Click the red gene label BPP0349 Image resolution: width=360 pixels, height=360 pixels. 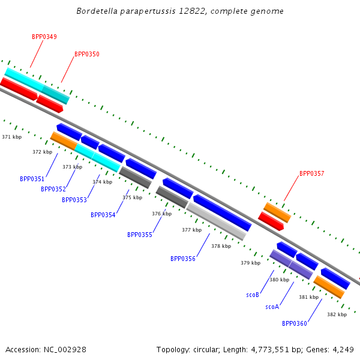[x=44, y=37]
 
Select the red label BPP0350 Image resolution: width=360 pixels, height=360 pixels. [x=87, y=54]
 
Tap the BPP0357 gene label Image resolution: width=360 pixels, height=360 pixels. [x=312, y=173]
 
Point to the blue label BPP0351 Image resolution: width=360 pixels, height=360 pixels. [x=32, y=179]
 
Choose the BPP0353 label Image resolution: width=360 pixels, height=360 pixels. [x=74, y=200]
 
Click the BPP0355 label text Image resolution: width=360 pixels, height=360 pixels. [x=140, y=235]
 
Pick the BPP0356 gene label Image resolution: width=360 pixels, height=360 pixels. [x=183, y=259]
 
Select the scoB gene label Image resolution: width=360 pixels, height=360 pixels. [x=253, y=295]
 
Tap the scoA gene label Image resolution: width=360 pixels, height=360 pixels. [x=272, y=307]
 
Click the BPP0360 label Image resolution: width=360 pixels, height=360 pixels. [x=295, y=323]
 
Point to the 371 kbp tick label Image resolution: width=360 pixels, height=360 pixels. [x=12, y=137]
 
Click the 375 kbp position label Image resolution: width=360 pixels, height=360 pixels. [x=133, y=197]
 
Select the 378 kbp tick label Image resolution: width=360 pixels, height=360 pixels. [x=221, y=246]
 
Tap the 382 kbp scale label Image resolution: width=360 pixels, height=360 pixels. [x=337, y=314]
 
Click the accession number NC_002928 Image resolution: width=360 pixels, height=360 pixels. [x=65, y=350]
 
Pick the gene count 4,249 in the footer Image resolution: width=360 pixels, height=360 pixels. [x=343, y=350]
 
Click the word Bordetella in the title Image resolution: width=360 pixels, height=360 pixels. [x=97, y=11]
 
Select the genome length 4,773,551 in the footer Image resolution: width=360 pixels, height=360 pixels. [x=270, y=350]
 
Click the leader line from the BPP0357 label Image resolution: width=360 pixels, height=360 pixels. [x=292, y=188]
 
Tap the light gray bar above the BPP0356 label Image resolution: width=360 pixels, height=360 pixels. [x=216, y=222]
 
